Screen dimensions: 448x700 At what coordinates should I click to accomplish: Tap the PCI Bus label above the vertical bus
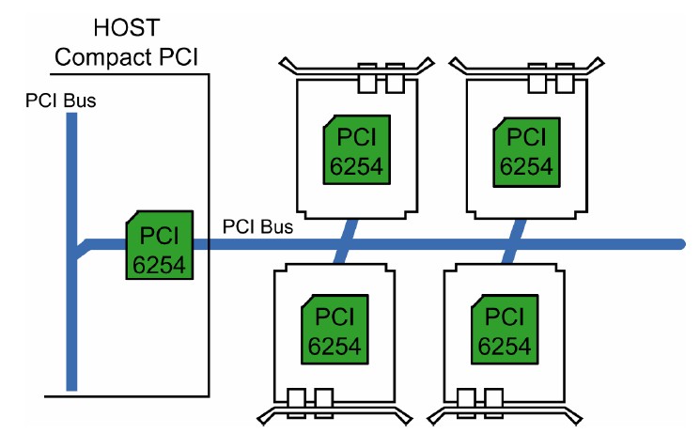(x=60, y=100)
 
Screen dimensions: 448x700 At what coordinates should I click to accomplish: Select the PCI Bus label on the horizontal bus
(x=257, y=226)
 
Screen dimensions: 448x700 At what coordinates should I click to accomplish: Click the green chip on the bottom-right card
(x=504, y=328)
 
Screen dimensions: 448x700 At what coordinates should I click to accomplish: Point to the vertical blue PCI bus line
(x=71, y=310)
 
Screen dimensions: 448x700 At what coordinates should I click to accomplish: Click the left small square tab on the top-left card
(x=367, y=84)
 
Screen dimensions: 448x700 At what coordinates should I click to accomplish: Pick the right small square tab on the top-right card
(x=565, y=84)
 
